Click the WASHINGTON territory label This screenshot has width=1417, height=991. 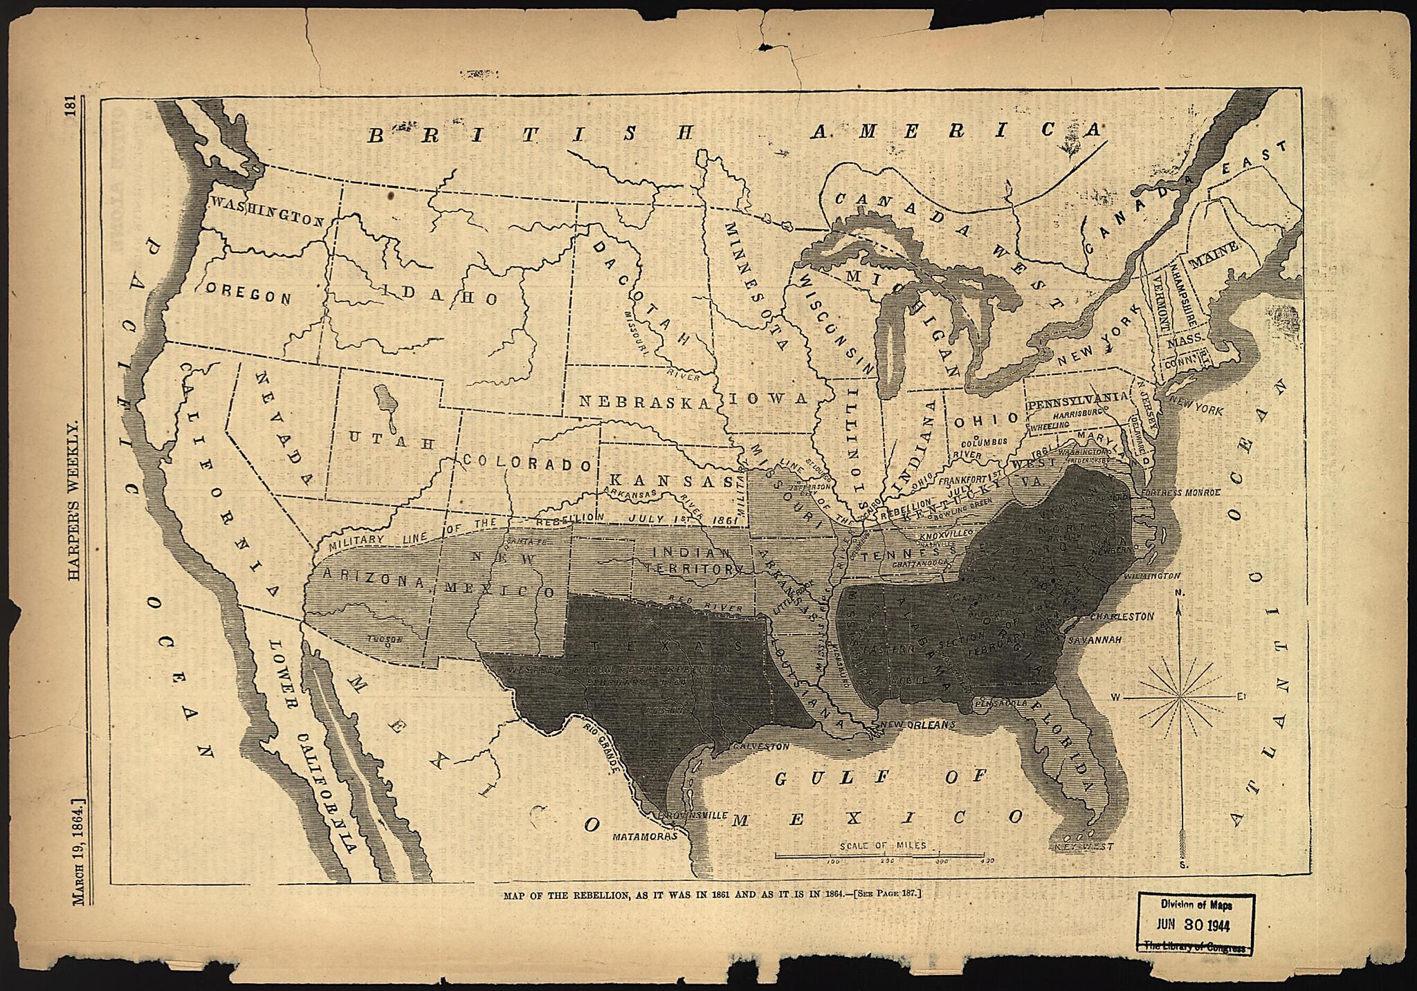[267, 211]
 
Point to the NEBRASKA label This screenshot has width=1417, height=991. [644, 402]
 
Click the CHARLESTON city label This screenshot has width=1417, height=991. [1122, 615]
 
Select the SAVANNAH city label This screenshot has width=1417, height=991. [1095, 640]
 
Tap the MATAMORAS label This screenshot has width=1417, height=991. [644, 836]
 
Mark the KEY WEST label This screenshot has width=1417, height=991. [1084, 846]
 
